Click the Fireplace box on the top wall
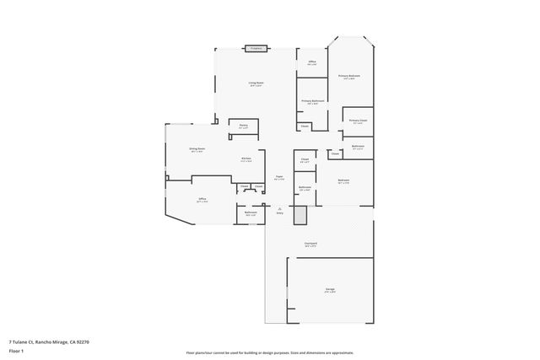256,49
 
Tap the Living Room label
256,83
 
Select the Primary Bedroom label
350,76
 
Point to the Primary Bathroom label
313,101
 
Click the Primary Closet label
359,121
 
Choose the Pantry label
243,126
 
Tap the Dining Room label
197,149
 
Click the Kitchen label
246,159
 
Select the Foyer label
278,177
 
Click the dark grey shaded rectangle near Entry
300,214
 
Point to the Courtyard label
311,244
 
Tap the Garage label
330,290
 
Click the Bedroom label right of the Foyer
343,180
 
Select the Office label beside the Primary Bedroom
312,62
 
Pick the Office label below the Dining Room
202,200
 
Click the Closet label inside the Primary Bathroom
305,126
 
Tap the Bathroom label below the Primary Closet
358,147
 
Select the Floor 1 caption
16,350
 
